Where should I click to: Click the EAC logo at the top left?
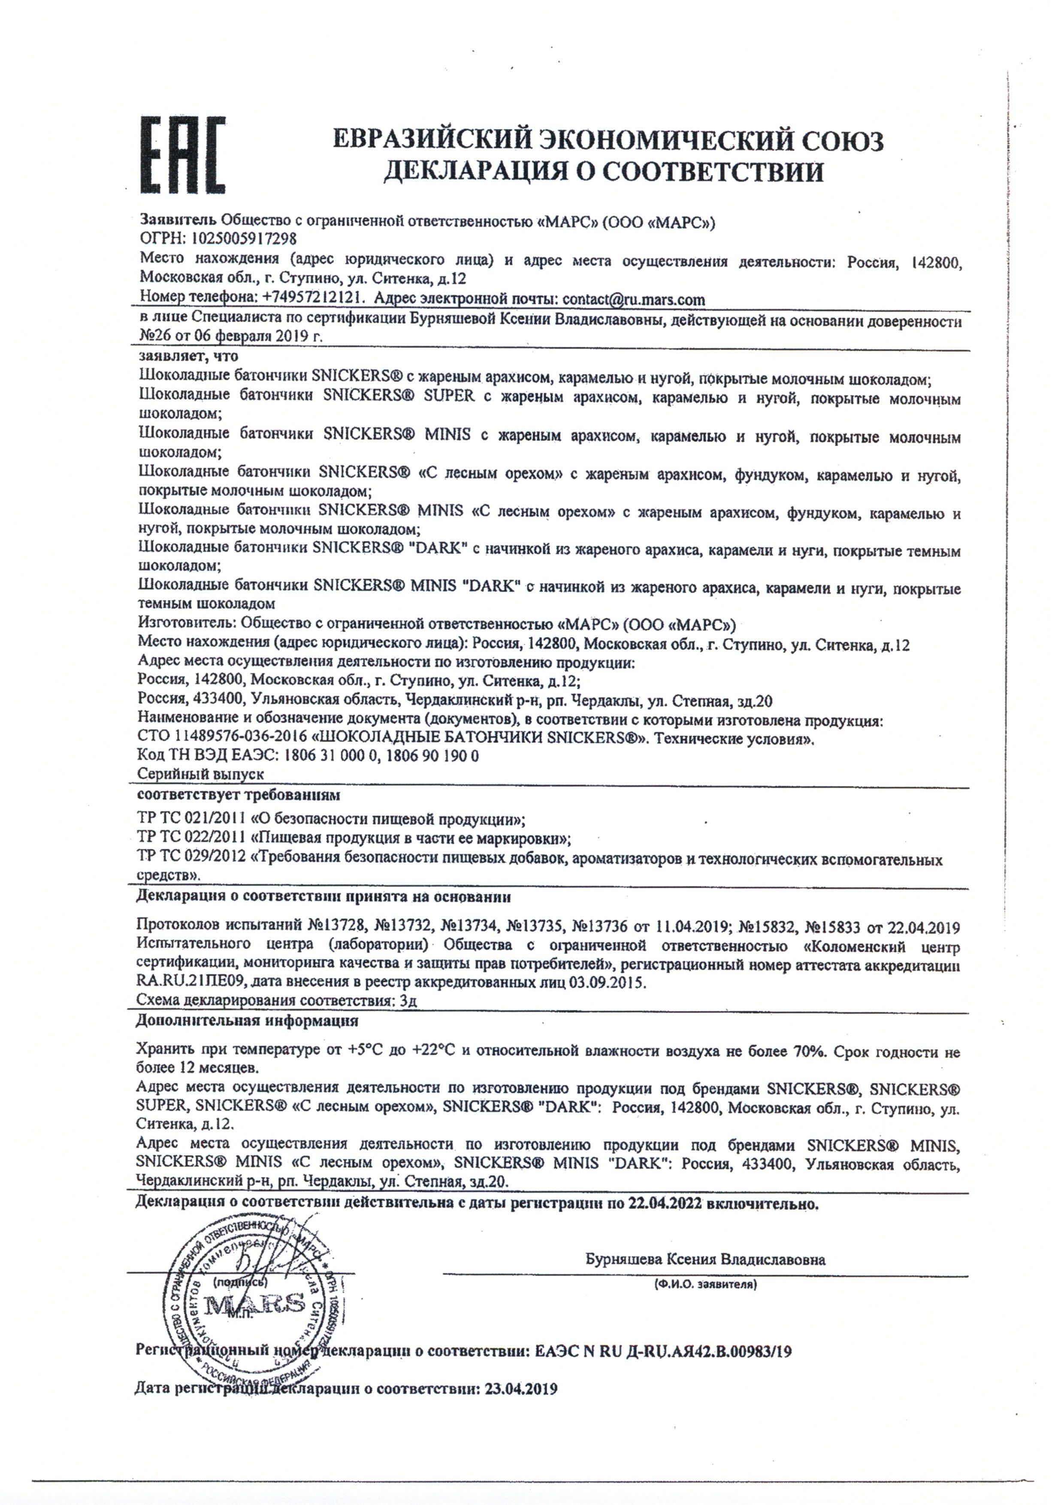click(x=183, y=155)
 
